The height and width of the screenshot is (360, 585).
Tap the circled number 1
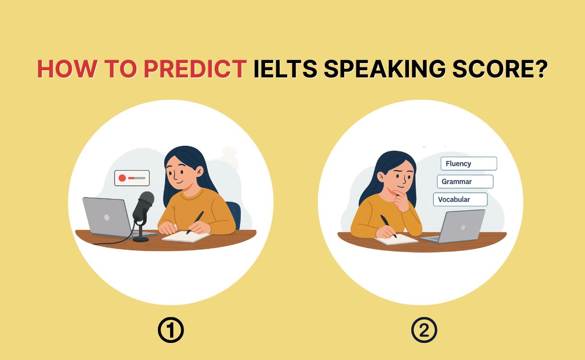[x=171, y=331]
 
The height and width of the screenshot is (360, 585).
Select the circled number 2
[x=424, y=331]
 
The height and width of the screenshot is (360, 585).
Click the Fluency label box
[x=468, y=164]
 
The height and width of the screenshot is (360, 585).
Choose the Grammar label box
[x=465, y=182]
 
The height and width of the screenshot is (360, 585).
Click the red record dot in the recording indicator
[x=122, y=178]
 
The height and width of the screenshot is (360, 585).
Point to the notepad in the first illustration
[x=186, y=236]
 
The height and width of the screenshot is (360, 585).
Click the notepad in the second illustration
[x=395, y=239]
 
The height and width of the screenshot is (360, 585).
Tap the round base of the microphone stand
[x=141, y=239]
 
